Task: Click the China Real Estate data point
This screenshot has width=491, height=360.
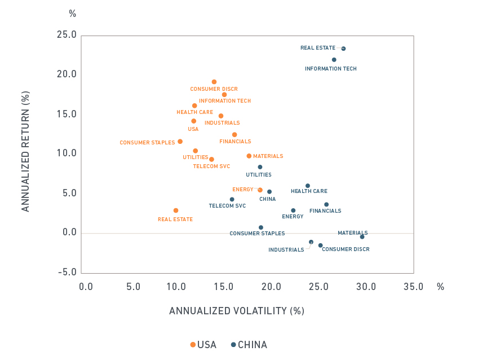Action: pyautogui.click(x=343, y=49)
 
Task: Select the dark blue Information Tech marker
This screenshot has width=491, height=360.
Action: pyautogui.click(x=334, y=60)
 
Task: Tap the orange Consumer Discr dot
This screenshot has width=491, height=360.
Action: pyautogui.click(x=214, y=82)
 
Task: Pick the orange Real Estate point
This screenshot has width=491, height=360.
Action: pyautogui.click(x=176, y=210)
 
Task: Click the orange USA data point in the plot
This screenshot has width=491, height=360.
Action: pyautogui.click(x=193, y=121)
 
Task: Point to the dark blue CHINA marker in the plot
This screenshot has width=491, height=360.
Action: pyautogui.click(x=269, y=192)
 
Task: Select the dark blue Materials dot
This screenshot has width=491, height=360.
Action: pyautogui.click(x=362, y=237)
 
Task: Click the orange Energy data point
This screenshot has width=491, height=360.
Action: pyautogui.click(x=260, y=190)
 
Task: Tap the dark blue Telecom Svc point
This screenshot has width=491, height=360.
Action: pyautogui.click(x=232, y=199)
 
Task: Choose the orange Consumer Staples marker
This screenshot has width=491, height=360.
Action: pyautogui.click(x=180, y=142)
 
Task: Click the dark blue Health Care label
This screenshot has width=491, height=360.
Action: pyautogui.click(x=309, y=191)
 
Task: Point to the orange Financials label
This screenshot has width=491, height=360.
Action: pyautogui.click(x=235, y=142)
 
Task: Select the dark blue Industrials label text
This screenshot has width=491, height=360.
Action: pyautogui.click(x=286, y=250)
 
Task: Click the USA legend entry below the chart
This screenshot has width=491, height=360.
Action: pyautogui.click(x=204, y=345)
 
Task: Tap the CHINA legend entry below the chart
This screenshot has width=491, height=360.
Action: pyautogui.click(x=249, y=345)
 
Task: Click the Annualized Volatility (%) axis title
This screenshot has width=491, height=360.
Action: pyautogui.click(x=236, y=311)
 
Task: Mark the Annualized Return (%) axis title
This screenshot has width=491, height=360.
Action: pyautogui.click(x=25, y=152)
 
